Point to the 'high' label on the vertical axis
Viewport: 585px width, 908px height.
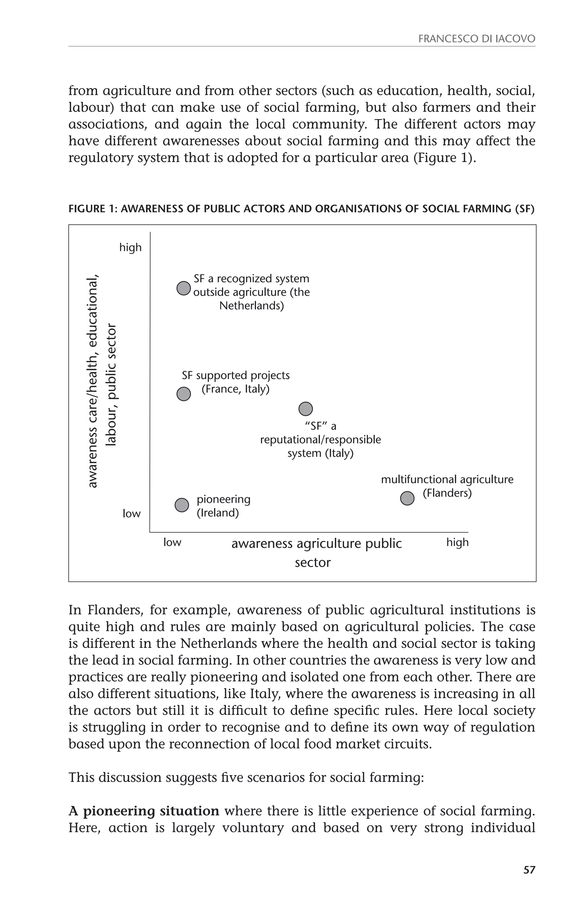pos(130,247)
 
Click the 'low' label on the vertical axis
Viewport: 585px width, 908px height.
pos(131,514)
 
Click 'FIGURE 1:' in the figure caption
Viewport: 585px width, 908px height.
pos(93,209)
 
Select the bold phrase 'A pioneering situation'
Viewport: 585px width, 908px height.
pos(144,811)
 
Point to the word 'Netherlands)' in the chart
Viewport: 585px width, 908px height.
pos(251,306)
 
